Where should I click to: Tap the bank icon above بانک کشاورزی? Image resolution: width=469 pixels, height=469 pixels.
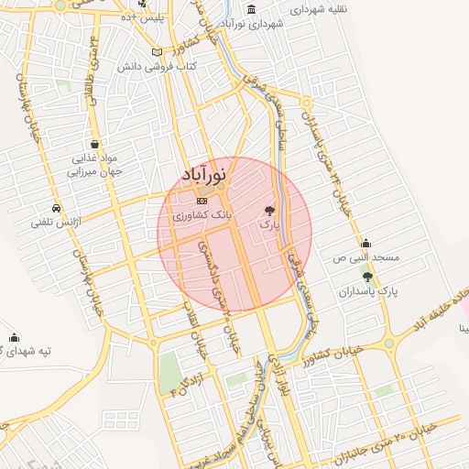click(202, 201)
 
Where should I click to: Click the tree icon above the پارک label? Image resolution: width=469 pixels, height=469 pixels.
click(268, 210)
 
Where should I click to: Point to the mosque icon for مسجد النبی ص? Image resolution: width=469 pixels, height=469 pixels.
click(365, 243)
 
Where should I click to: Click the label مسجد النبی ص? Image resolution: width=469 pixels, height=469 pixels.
click(365, 258)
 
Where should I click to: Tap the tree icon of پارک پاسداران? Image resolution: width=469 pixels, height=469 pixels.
click(367, 277)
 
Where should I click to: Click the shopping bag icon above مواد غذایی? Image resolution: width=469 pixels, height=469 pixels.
click(95, 144)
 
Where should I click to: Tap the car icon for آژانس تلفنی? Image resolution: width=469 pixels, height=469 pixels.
click(56, 207)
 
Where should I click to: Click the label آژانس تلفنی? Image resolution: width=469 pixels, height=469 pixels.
click(57, 222)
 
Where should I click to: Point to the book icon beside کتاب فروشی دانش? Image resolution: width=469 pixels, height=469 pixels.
click(157, 52)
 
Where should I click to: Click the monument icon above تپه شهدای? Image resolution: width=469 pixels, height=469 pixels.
click(14, 336)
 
